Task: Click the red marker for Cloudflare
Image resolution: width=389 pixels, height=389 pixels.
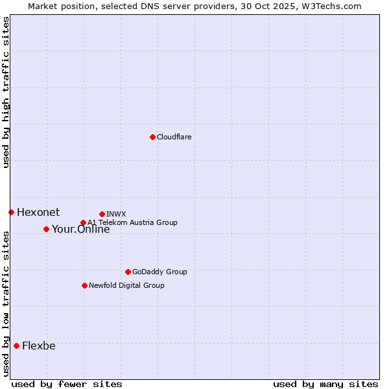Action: pos(152,137)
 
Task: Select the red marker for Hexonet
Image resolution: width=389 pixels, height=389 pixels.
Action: pos(11,212)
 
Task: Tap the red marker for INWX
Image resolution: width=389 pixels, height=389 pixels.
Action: pos(102,214)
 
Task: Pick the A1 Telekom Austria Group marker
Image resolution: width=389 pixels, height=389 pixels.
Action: pos(83,223)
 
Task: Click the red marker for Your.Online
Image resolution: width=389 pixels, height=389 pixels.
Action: pos(46,229)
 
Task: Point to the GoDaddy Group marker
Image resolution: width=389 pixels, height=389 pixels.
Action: pos(128,272)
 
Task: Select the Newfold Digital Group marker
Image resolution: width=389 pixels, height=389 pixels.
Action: pos(84,285)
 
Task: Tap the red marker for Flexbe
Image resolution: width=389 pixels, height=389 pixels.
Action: pos(16,346)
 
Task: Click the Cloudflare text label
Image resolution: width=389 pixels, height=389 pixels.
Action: pos(174,137)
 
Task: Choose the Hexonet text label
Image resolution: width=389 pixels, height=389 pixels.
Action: pos(38,212)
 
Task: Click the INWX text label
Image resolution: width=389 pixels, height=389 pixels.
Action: pos(116,214)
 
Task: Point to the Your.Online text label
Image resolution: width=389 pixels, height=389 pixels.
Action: pos(81,230)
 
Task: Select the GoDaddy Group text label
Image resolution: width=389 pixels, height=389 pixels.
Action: pos(159,272)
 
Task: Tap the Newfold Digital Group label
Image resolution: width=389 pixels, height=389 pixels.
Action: pos(126,285)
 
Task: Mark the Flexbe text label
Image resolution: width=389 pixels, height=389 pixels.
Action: pos(39,346)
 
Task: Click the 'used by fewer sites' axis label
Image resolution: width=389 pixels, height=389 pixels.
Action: pos(67,384)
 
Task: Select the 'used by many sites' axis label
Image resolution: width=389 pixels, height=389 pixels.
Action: pos(325,384)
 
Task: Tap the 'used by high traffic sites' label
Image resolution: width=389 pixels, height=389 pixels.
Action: pos(6,92)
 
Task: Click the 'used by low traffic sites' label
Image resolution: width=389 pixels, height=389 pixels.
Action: pos(6,303)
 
